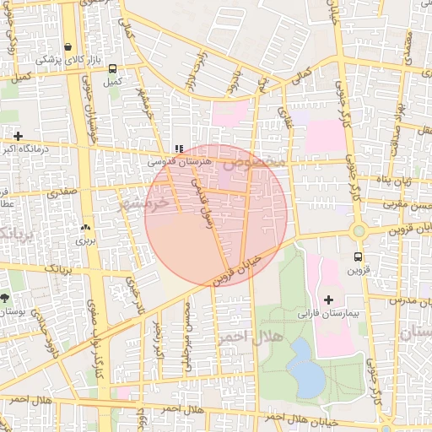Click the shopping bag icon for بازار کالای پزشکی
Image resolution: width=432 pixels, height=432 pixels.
[x=67, y=46]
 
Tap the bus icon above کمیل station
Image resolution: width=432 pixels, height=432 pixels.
[x=113, y=69]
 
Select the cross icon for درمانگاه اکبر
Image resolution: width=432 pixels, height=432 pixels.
[x=18, y=135]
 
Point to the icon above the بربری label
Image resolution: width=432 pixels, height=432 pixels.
[x=85, y=227]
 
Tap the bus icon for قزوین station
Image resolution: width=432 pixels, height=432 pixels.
[x=359, y=256]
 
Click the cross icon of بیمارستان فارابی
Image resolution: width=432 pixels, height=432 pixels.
[x=328, y=300]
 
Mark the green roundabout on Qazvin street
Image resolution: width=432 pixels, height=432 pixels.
[x=359, y=231]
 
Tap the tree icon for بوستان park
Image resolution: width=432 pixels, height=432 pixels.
[x=5, y=298]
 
